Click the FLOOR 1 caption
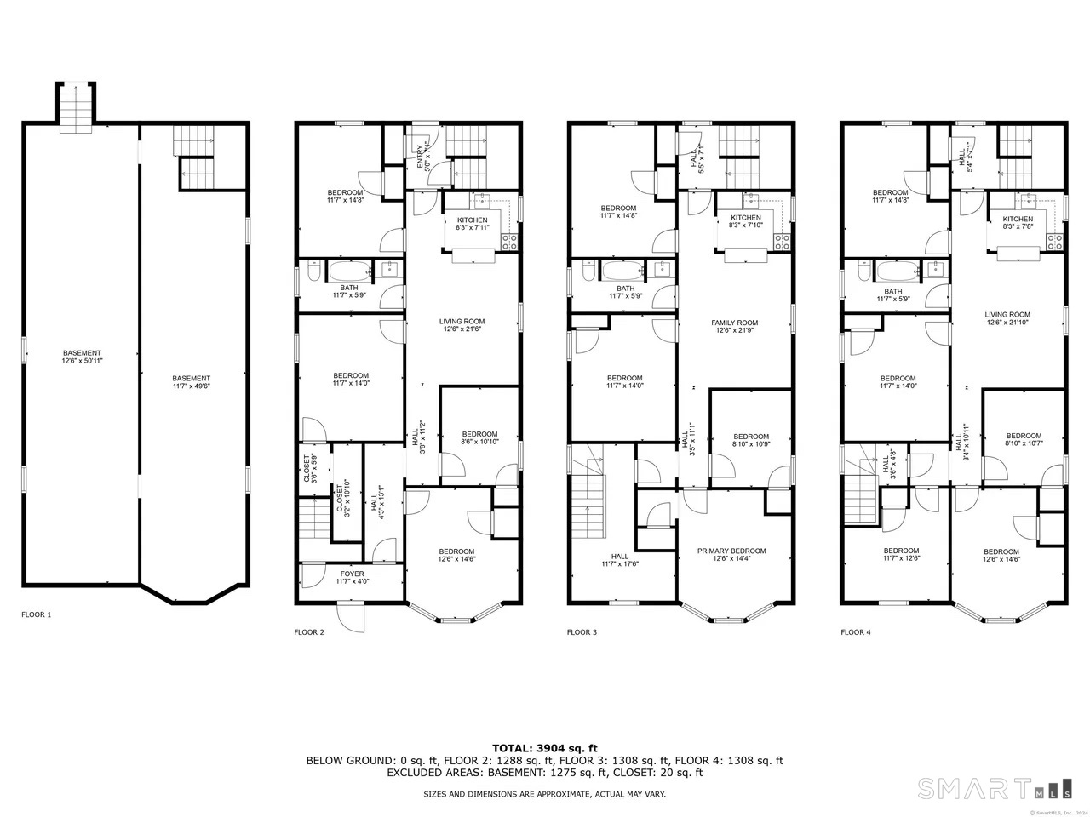36,614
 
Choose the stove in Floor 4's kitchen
1056,242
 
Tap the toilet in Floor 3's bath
587,272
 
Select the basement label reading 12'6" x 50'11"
82,357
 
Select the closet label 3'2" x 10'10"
340,498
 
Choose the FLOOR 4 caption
855,632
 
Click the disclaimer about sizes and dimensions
545,793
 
